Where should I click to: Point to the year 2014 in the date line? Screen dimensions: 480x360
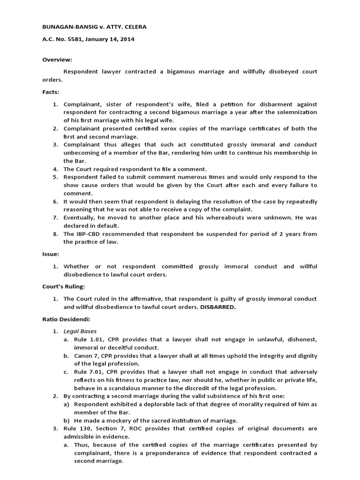coord(127,39)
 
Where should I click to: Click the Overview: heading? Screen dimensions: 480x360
coord(57,60)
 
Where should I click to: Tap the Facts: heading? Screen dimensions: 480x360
coord(51,92)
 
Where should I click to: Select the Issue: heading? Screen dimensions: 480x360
coord(51,254)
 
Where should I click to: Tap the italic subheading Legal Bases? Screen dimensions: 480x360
coord(80,331)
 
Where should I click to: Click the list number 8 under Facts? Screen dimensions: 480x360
coord(55,234)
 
